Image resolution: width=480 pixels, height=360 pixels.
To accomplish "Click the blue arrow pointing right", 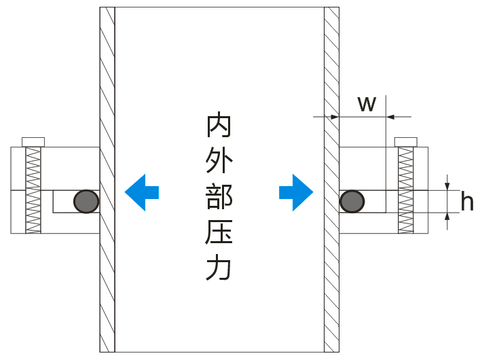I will pos(297,192).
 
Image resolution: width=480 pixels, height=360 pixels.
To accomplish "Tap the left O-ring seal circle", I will pos(86,201).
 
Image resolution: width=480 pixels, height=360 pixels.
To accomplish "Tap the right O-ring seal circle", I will pos(352,201).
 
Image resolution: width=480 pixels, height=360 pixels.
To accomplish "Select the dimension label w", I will pos(367,104).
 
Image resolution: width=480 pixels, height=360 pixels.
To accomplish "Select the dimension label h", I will pos(466,201).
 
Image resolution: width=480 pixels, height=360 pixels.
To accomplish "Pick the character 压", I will pos(219,233).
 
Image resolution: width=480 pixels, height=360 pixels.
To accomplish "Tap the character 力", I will pos(219,268).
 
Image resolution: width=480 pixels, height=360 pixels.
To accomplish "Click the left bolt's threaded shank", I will pos(33,191).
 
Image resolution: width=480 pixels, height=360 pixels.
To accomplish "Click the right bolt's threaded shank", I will pos(405,191).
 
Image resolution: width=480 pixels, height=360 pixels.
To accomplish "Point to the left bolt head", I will pos(33,141).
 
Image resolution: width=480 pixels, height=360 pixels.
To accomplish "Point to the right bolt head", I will pos(405,141).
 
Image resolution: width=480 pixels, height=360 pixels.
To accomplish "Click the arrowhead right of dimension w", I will pos(391,117).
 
